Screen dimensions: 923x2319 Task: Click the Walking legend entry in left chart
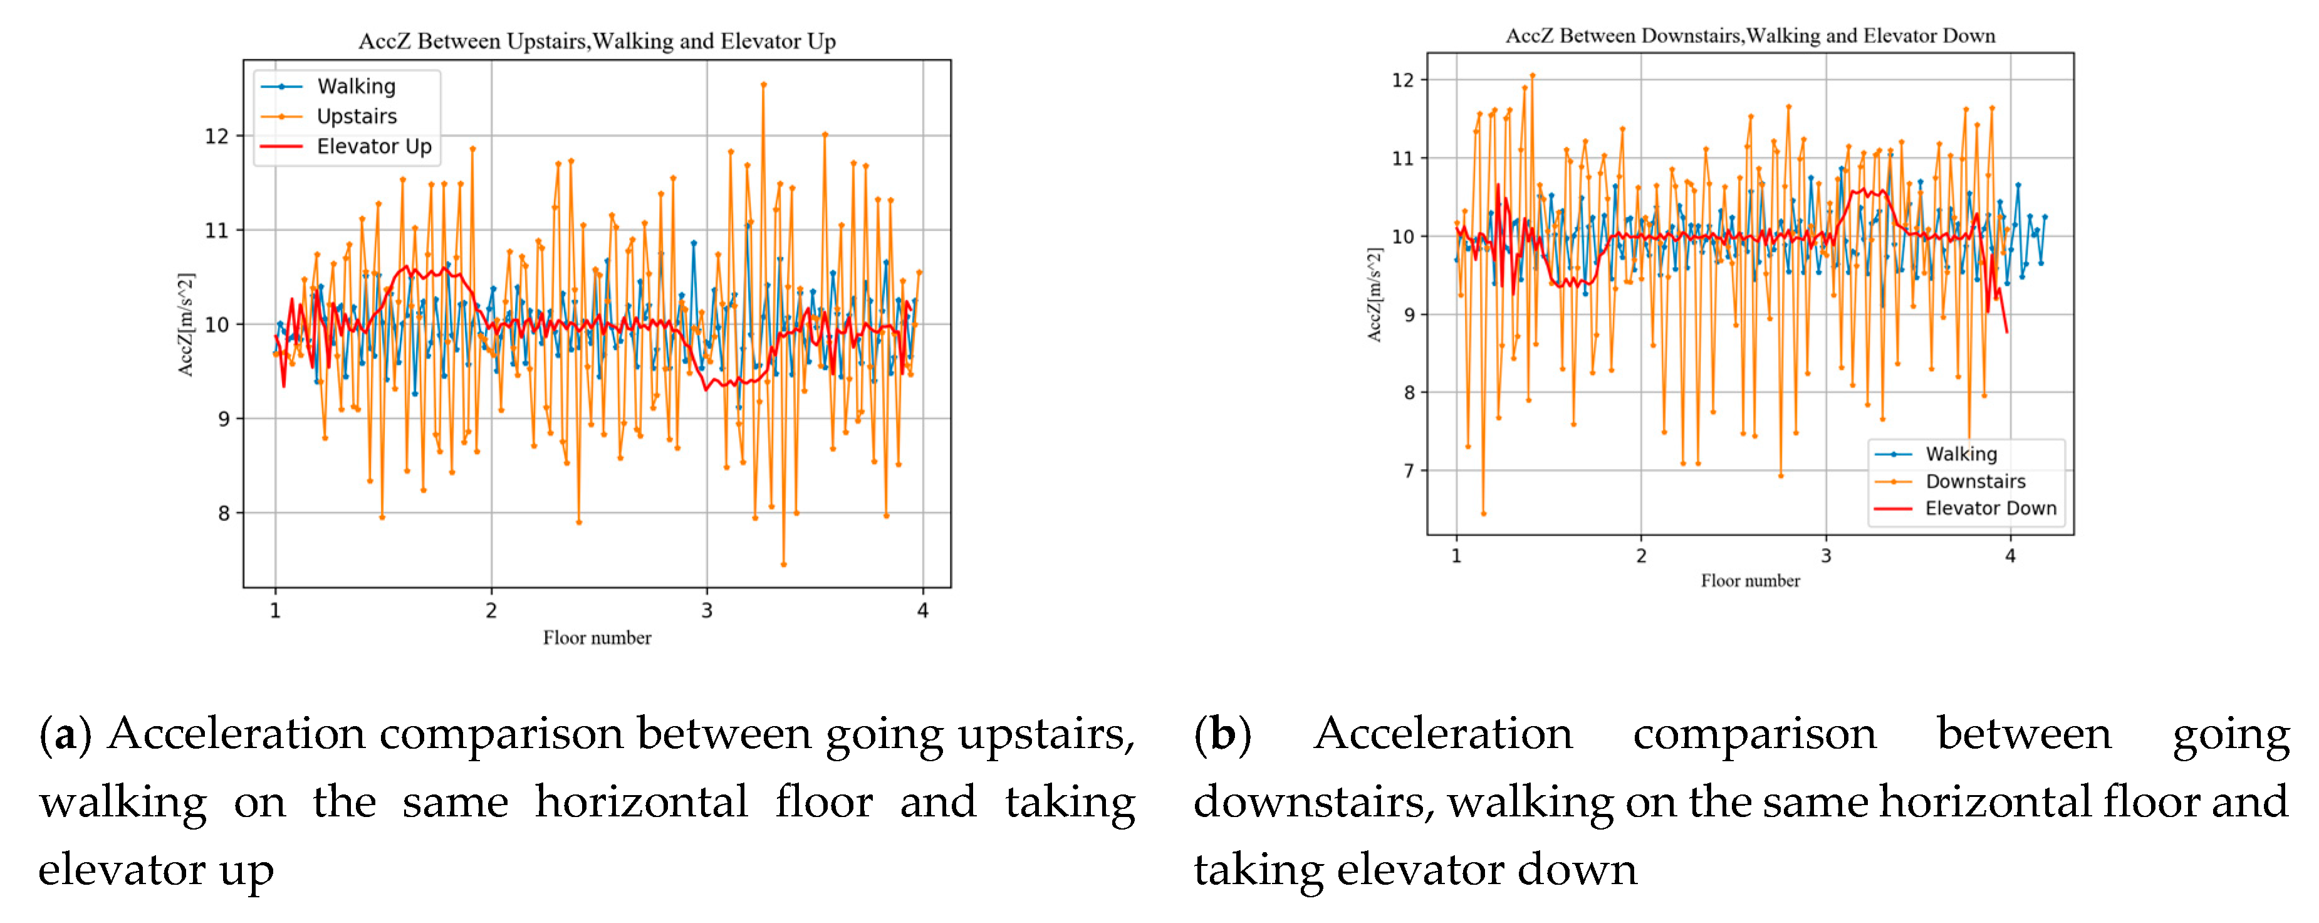click(356, 87)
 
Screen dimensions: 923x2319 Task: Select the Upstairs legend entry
click(357, 116)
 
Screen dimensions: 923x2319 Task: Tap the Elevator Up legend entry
click(373, 146)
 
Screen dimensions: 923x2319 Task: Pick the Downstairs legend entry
click(1975, 481)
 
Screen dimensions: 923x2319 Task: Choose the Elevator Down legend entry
click(1991, 508)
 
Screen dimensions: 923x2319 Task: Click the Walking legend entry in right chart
click(1961, 454)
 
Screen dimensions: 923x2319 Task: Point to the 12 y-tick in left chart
click(217, 136)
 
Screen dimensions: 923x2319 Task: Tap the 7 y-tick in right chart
click(1409, 471)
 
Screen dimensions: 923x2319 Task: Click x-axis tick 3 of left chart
click(707, 611)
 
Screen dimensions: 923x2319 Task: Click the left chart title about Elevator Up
click(597, 41)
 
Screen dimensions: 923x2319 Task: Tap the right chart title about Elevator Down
click(1750, 36)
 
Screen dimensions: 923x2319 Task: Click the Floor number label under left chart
click(597, 638)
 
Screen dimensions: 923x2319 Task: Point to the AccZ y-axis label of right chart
click(1373, 295)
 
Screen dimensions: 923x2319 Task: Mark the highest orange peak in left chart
click(763, 85)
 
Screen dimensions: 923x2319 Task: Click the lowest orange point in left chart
click(783, 564)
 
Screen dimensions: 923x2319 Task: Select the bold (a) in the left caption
click(65, 734)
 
